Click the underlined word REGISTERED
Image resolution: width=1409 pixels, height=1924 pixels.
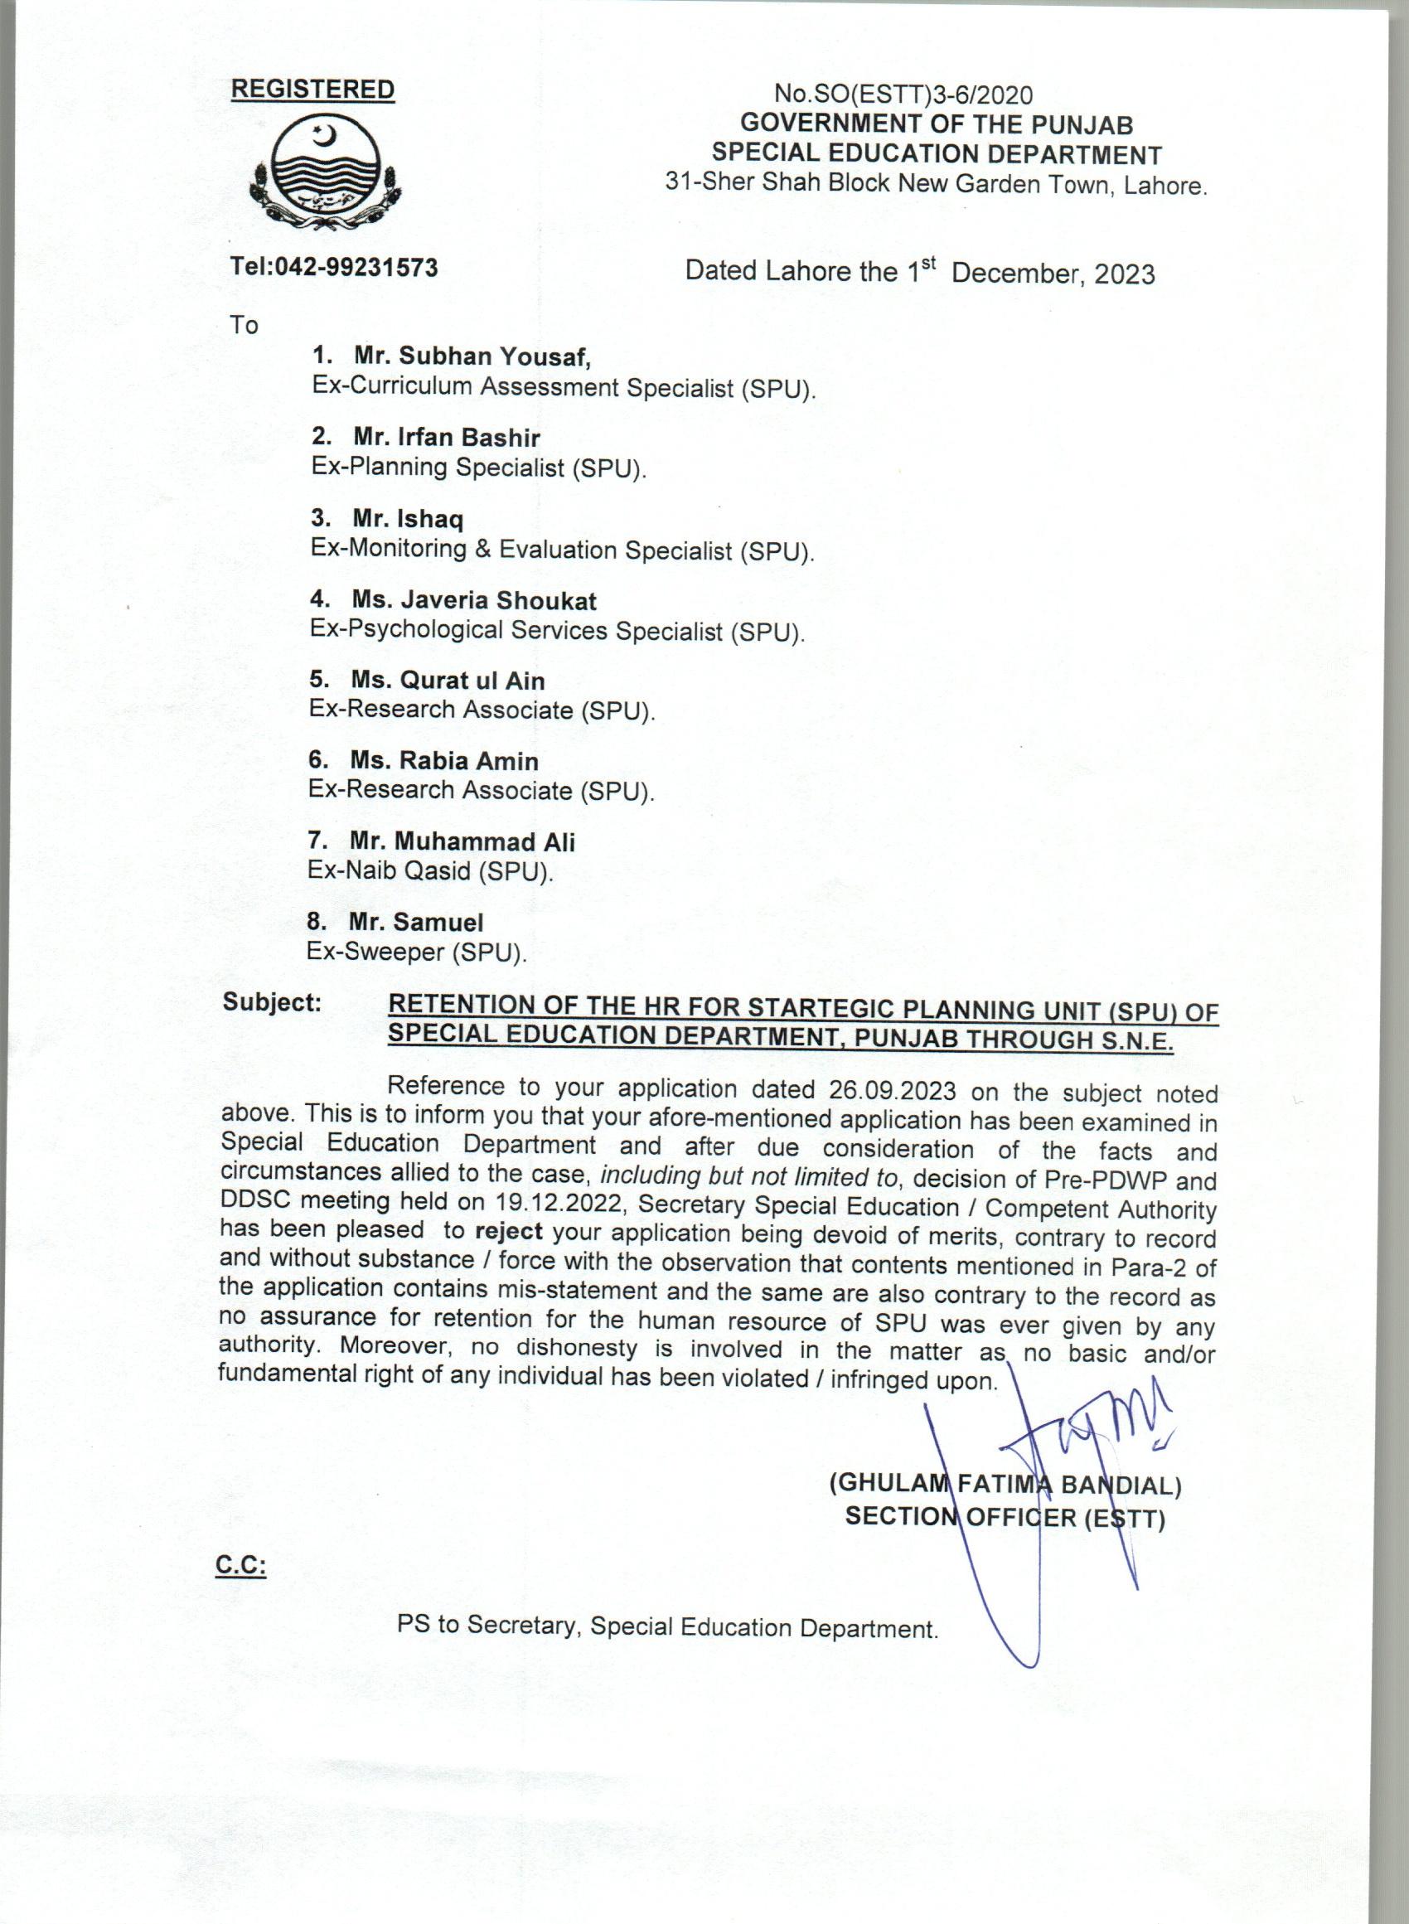[x=313, y=90]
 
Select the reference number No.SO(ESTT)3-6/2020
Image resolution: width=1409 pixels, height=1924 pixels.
[x=903, y=95]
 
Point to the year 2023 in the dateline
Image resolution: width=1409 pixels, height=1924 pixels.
[x=1124, y=274]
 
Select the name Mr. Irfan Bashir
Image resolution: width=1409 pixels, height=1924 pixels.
[x=447, y=438]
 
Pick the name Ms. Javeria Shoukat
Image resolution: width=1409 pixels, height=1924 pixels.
[x=474, y=601]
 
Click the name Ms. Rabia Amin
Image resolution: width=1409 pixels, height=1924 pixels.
[x=444, y=761]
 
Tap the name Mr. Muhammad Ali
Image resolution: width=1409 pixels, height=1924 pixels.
[x=462, y=841]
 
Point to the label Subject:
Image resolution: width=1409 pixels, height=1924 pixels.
[x=272, y=1003]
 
